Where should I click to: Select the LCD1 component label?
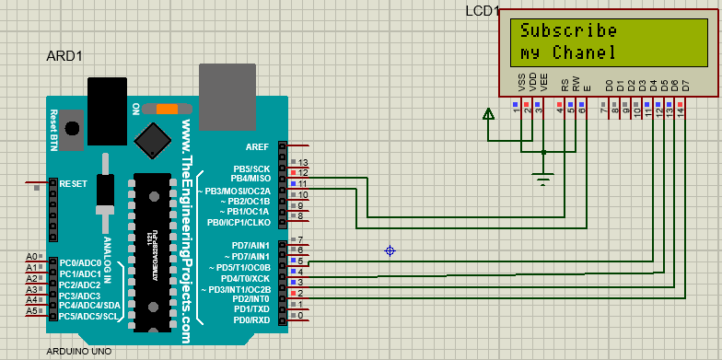click(x=483, y=11)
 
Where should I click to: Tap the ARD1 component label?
click(x=64, y=56)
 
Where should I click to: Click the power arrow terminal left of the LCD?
click(x=488, y=114)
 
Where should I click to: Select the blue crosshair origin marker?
click(x=390, y=250)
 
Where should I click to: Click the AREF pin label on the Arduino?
click(x=258, y=146)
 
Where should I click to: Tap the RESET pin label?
click(x=73, y=184)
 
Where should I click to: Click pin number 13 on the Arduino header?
click(x=301, y=162)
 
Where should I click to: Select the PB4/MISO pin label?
click(x=250, y=179)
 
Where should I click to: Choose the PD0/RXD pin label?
click(x=250, y=319)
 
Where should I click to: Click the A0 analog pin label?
click(x=31, y=257)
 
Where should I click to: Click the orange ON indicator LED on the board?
click(x=167, y=109)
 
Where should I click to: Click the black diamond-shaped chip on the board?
click(x=151, y=139)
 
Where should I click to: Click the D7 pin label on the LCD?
click(x=685, y=86)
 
